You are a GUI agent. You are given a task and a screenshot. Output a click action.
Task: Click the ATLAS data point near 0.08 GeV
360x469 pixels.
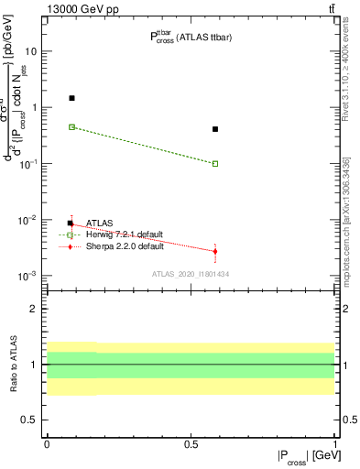tap(71, 98)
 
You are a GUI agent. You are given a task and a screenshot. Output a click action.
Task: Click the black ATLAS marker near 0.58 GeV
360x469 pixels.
tap(215, 129)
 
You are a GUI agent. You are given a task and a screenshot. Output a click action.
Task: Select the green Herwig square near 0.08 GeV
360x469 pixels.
tap(71, 126)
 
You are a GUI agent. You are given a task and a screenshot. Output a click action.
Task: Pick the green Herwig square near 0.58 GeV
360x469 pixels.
tap(215, 164)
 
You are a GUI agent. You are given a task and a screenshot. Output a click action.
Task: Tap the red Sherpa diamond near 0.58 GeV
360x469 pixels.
tap(215, 251)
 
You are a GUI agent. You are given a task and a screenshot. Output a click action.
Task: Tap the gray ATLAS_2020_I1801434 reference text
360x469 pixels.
tap(190, 274)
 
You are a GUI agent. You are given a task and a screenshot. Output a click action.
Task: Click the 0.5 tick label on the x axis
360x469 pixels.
tap(191, 442)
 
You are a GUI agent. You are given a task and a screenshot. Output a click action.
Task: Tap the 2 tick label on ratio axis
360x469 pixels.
tap(36, 309)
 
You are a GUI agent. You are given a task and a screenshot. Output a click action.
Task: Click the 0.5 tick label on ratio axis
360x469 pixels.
tap(30, 420)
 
